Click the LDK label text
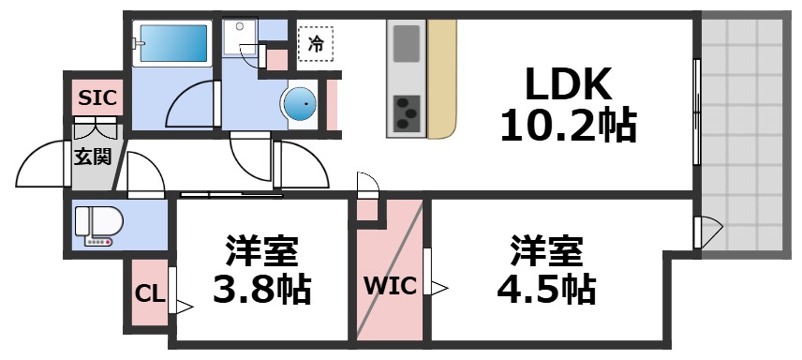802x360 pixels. point(567,86)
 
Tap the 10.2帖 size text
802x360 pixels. point(567,125)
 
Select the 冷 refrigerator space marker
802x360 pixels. point(317,43)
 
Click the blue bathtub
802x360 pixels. point(174,43)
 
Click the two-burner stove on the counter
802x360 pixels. point(406,113)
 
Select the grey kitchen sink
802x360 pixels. point(407,44)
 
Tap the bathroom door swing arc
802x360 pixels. point(189,106)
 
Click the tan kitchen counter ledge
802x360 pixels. point(442,80)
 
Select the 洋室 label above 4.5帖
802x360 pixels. point(546,251)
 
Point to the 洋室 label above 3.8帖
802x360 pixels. point(261,251)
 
